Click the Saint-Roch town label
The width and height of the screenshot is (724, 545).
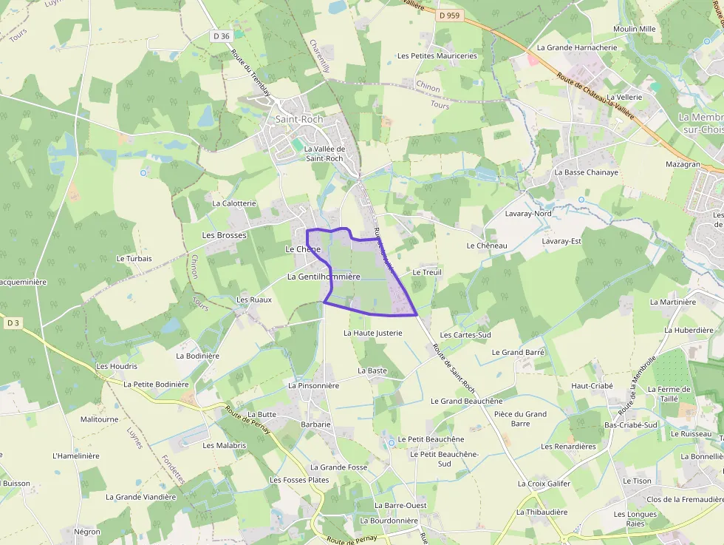coord(299,119)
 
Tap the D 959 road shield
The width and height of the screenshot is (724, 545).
coord(448,14)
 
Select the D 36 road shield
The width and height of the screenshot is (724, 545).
coord(222,36)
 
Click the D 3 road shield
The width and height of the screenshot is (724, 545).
coord(13,322)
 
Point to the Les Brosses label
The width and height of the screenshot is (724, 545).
coord(224,235)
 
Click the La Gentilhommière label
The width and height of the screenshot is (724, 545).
coord(323,277)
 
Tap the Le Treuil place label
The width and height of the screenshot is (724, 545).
coord(427,272)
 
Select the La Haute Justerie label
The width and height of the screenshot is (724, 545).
coord(373,334)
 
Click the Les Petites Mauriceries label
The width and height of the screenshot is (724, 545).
coord(437,56)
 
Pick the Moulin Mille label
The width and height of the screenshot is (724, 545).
coord(634,30)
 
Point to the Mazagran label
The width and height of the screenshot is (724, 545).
coord(682,164)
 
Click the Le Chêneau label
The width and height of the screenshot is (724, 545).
coord(487,246)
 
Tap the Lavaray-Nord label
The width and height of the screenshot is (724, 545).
coord(528,214)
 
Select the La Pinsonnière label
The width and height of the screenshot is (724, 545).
coord(313,385)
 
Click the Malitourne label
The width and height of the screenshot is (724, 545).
coord(99,419)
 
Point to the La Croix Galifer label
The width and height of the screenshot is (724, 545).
coord(544,484)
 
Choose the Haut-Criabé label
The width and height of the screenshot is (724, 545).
coord(592,386)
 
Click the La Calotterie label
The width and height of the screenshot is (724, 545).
coord(234,203)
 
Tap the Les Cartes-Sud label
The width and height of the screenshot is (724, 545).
coord(465,335)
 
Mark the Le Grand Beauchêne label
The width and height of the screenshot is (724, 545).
coord(466,402)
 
